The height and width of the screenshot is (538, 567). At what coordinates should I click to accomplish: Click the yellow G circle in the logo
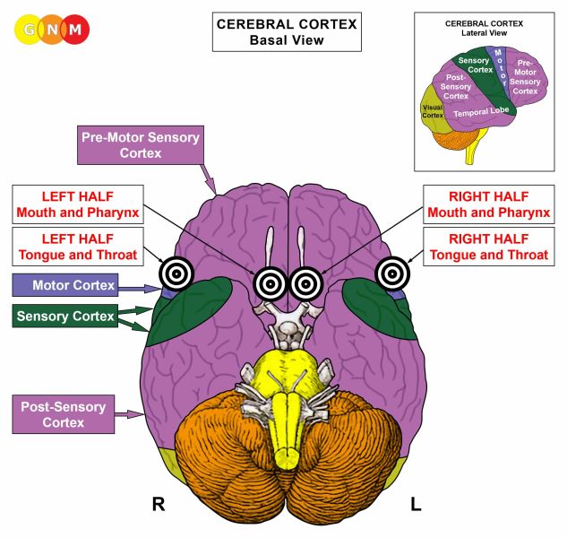30,30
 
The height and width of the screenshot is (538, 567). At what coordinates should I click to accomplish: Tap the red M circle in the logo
76,30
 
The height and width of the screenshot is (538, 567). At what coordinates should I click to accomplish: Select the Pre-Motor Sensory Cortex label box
140,145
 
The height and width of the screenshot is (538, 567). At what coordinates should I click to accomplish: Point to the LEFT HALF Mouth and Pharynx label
76,204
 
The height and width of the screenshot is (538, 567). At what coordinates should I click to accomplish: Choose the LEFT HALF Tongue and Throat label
76,246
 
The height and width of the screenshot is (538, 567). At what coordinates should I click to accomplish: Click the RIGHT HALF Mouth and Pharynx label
488,204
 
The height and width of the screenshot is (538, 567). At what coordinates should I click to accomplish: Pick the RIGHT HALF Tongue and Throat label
488,246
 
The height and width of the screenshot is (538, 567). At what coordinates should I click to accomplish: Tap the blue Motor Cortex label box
75,286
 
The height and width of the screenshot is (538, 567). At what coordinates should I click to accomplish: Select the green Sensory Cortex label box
66,317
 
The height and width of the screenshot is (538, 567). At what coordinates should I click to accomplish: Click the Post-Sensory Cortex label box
63,414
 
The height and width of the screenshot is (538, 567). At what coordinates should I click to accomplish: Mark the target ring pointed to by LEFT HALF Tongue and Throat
175,273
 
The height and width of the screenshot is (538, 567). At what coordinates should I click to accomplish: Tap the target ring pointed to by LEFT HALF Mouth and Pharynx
270,283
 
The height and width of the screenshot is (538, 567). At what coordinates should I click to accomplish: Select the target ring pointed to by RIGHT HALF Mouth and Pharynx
305,283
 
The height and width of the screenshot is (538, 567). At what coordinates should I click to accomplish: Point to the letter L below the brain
416,505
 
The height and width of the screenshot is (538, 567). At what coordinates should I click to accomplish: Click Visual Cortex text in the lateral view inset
433,109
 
